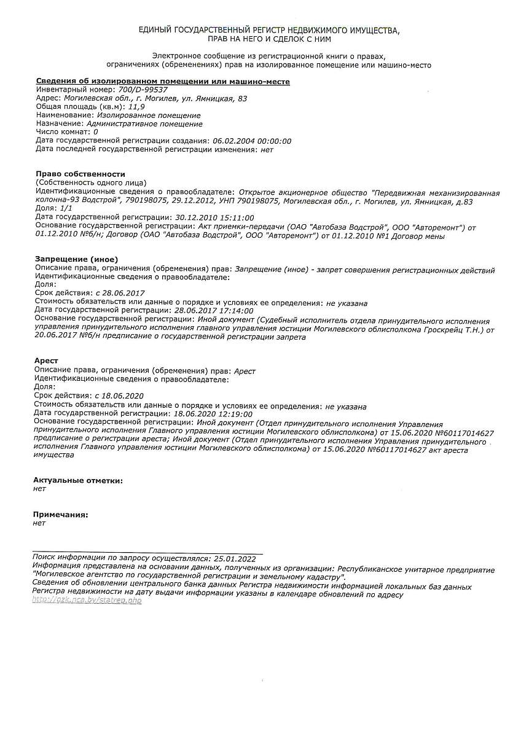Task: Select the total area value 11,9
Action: coord(128,107)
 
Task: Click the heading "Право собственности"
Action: coord(80,174)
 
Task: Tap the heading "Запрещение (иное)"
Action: coord(77,260)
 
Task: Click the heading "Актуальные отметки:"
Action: coord(78,480)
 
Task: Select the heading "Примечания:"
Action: coord(61,515)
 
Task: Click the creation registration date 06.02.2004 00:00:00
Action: coord(251,141)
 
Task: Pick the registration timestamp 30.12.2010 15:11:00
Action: coord(214,217)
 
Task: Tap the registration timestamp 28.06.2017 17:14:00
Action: coord(214,311)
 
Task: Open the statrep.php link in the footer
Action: coord(87,600)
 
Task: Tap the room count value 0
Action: coord(96,132)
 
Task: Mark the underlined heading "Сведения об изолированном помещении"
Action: coord(162,81)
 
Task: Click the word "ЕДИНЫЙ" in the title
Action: coord(156,30)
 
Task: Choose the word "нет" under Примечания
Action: coord(39,523)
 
